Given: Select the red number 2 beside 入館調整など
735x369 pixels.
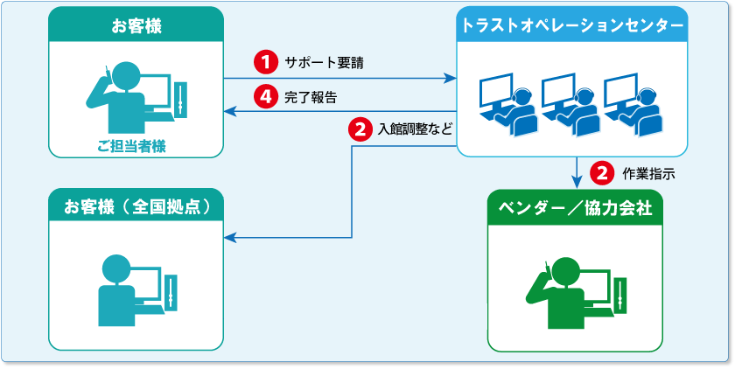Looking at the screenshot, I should [x=360, y=129].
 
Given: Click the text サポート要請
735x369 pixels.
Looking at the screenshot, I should [x=324, y=63].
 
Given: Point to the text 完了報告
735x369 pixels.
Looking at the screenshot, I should [x=311, y=96].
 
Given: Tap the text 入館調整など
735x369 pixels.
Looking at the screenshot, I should [x=416, y=129].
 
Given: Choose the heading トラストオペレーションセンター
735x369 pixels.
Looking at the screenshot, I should [x=573, y=25].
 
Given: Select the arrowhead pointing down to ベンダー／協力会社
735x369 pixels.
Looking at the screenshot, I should [x=577, y=182].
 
